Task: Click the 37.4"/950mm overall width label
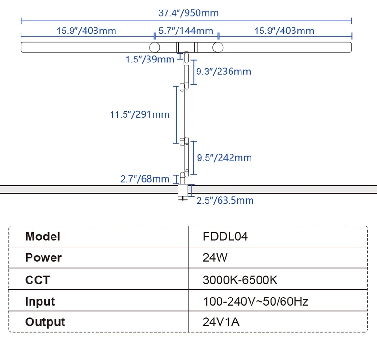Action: pyautogui.click(x=188, y=13)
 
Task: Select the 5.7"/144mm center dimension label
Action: pyautogui.click(x=186, y=31)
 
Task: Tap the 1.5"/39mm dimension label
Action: pyautogui.click(x=150, y=59)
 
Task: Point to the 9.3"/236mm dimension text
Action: pyautogui.click(x=224, y=72)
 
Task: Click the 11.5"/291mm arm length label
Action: pyautogui.click(x=140, y=114)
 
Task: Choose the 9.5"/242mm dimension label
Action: pyautogui.click(x=224, y=158)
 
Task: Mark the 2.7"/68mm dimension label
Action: pyautogui.click(x=145, y=179)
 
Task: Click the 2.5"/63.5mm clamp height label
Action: pyautogui.click(x=225, y=201)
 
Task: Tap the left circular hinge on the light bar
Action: pyautogui.click(x=155, y=47)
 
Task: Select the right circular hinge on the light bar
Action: pyautogui.click(x=218, y=47)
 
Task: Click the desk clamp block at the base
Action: pyautogui.click(x=183, y=190)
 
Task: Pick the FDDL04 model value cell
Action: pyautogui.click(x=225, y=237)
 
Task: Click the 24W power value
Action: pyautogui.click(x=215, y=257)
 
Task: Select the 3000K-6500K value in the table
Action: pyautogui.click(x=240, y=280)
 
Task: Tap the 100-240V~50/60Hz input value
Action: pyautogui.click(x=256, y=301)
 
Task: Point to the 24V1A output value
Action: pyautogui.click(x=221, y=322)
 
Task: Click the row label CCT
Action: pyautogui.click(x=38, y=280)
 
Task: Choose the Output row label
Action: pyautogui.click(x=45, y=322)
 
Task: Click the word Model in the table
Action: pyautogui.click(x=42, y=237)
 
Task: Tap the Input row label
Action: pyautogui.click(x=40, y=302)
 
